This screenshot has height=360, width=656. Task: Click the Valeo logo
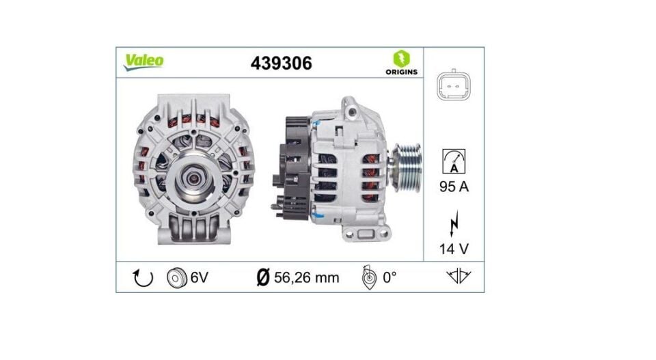[x=143, y=61]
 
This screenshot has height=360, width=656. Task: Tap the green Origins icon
[x=401, y=57]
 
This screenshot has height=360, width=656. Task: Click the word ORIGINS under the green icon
[x=401, y=72]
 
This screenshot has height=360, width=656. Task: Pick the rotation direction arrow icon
[x=143, y=278]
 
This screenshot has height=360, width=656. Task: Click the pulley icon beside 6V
[x=176, y=277]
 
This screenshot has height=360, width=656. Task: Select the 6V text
[x=199, y=277]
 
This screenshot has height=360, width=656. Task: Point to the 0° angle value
[x=389, y=277]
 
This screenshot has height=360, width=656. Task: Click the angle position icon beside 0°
[x=368, y=277]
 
